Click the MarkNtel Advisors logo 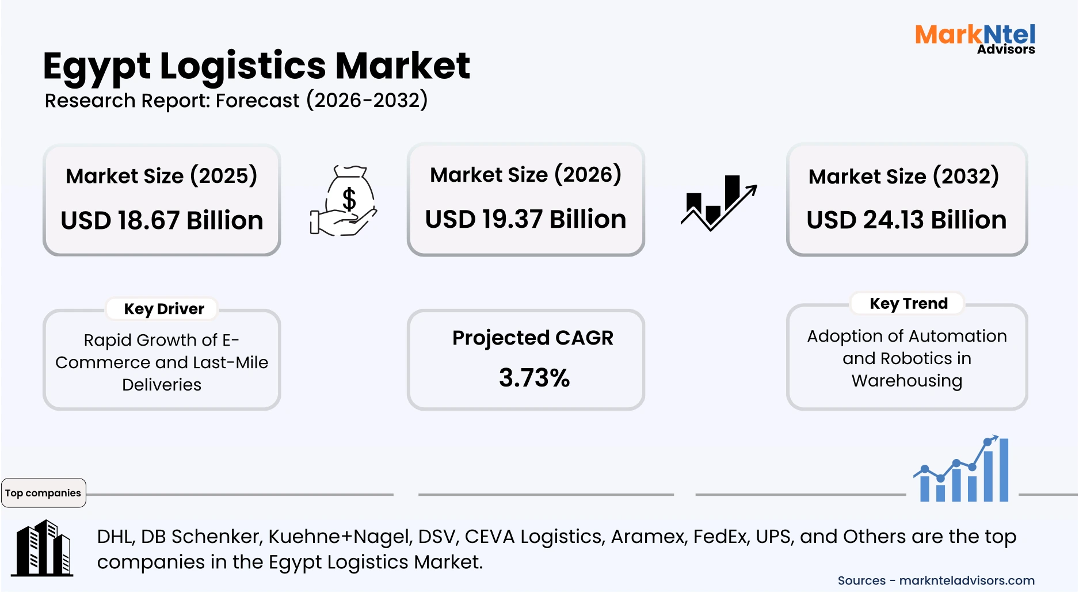click(x=975, y=39)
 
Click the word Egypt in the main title click(x=96, y=66)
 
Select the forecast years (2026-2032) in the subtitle click(x=367, y=100)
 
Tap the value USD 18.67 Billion click(x=162, y=220)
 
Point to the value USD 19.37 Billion click(x=525, y=219)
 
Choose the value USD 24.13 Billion click(x=906, y=220)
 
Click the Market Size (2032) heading click(x=903, y=176)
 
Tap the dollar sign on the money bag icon click(x=349, y=200)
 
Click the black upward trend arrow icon click(x=719, y=203)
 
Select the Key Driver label click(x=164, y=309)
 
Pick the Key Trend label click(x=908, y=303)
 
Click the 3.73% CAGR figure click(x=534, y=378)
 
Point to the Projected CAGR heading click(x=532, y=338)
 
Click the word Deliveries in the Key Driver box click(x=162, y=384)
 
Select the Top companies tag click(x=43, y=493)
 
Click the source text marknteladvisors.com click(x=967, y=580)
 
